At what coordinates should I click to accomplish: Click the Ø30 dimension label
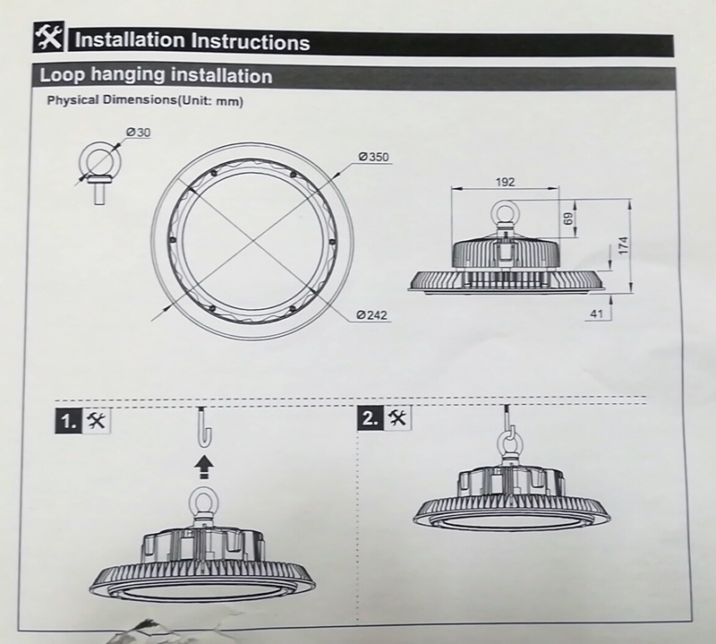pyautogui.click(x=138, y=133)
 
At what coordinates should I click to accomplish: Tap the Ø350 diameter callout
pyautogui.click(x=373, y=157)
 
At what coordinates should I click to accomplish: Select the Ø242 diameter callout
pyautogui.click(x=371, y=315)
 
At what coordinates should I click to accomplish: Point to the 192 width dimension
pyautogui.click(x=505, y=182)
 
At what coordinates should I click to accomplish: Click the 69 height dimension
pyautogui.click(x=568, y=218)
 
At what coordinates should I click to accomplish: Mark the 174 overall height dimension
pyautogui.click(x=624, y=245)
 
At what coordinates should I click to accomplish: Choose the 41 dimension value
pyautogui.click(x=597, y=313)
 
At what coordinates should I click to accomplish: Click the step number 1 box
pyautogui.click(x=69, y=420)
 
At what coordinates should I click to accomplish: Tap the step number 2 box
pyautogui.click(x=371, y=417)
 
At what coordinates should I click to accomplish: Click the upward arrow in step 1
pyautogui.click(x=204, y=468)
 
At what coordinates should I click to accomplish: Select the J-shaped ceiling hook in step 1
pyautogui.click(x=205, y=427)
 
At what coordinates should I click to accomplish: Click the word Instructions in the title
pyautogui.click(x=251, y=41)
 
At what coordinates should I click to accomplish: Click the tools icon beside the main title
pyautogui.click(x=48, y=38)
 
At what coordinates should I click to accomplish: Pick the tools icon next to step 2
pyautogui.click(x=397, y=417)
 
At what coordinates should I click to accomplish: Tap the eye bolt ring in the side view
pyautogui.click(x=491, y=211)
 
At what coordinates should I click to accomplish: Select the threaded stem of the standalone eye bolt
pyautogui.click(x=99, y=193)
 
